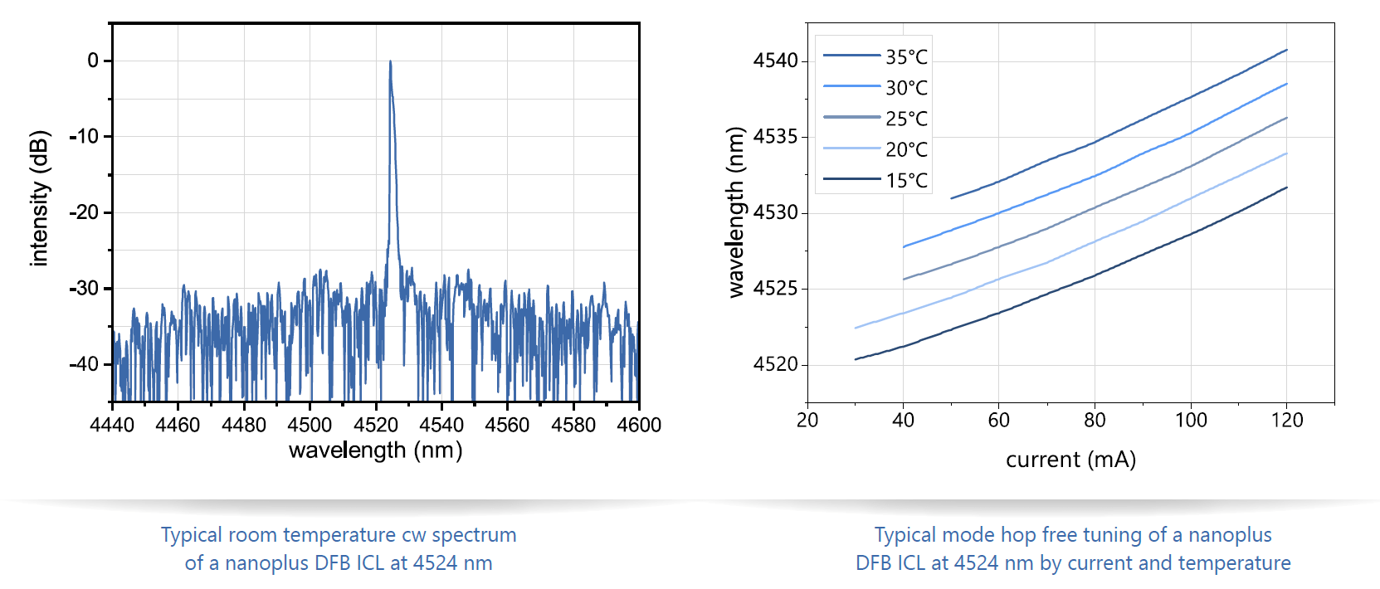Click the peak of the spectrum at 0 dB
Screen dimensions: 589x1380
tap(390, 61)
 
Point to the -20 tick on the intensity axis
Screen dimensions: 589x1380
tap(84, 212)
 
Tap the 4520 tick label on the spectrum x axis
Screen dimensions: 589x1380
tap(375, 425)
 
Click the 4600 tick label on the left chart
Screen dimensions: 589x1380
tap(639, 425)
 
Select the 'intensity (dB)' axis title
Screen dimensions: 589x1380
tap(39, 199)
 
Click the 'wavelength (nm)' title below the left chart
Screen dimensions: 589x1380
tap(375, 450)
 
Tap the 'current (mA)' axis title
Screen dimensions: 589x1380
tap(1070, 460)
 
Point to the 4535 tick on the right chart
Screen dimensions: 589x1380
tap(775, 136)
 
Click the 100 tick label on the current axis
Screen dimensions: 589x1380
tap(1191, 421)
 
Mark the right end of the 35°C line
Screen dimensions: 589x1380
tap(1286, 51)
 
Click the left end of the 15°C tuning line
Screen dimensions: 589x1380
tap(856, 359)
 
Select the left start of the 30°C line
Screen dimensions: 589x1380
tap(904, 246)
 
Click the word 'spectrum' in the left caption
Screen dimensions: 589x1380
tap(473, 535)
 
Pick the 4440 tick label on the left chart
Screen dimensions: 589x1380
tap(112, 425)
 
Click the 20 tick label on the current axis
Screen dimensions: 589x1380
tap(807, 421)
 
